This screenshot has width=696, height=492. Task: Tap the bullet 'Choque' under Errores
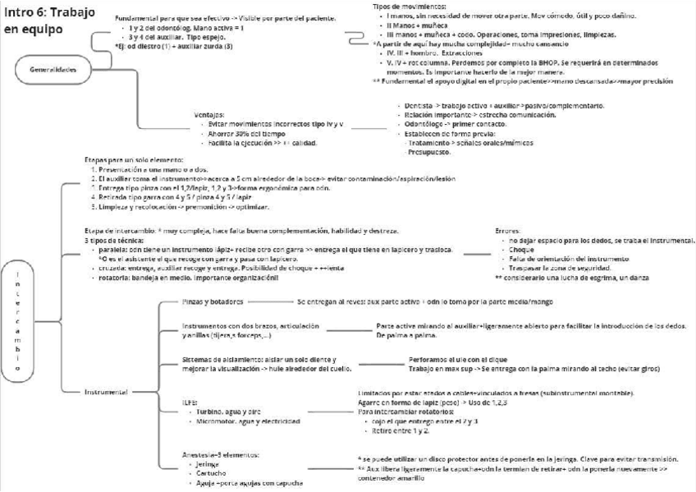(x=521, y=249)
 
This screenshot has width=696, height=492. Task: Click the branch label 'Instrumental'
(x=106, y=393)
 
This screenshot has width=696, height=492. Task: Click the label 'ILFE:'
(x=190, y=403)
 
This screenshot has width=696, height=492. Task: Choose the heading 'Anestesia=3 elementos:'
(x=222, y=454)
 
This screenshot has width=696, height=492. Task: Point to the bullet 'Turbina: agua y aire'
(x=232, y=412)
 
